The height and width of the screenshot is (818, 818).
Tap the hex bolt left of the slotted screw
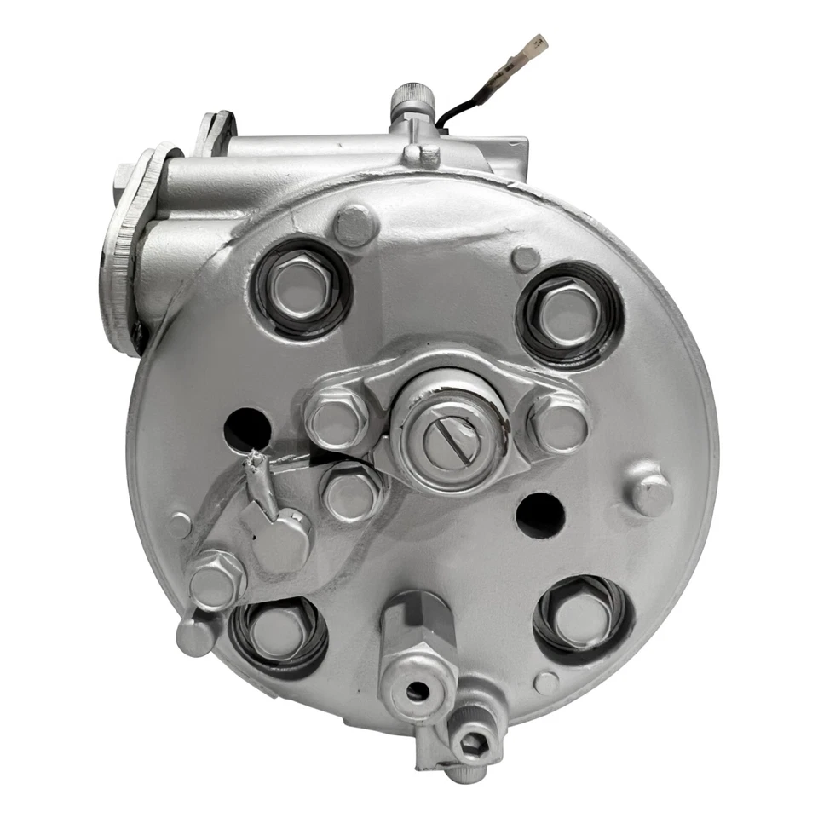coord(337,417)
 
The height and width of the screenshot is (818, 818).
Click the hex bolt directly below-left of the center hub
coord(351,493)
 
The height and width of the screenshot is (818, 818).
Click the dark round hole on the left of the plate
coord(246,429)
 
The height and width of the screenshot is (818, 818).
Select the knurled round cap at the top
coord(412,101)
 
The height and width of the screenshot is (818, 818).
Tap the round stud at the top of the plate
coord(354,226)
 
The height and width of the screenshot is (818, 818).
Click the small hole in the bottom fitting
coord(417,690)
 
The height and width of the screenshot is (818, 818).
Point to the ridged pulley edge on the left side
coord(119,256)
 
